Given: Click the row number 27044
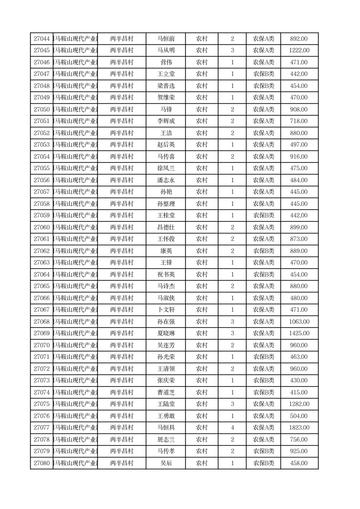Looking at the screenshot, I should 42,39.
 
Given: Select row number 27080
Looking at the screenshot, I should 42,463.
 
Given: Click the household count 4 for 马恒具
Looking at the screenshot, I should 233,428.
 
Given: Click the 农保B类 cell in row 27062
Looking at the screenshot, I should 263,251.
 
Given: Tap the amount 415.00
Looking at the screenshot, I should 299,392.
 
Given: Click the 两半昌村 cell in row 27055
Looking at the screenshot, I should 122,168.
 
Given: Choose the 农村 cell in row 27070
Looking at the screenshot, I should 202,345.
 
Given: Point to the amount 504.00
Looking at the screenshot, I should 299,416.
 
